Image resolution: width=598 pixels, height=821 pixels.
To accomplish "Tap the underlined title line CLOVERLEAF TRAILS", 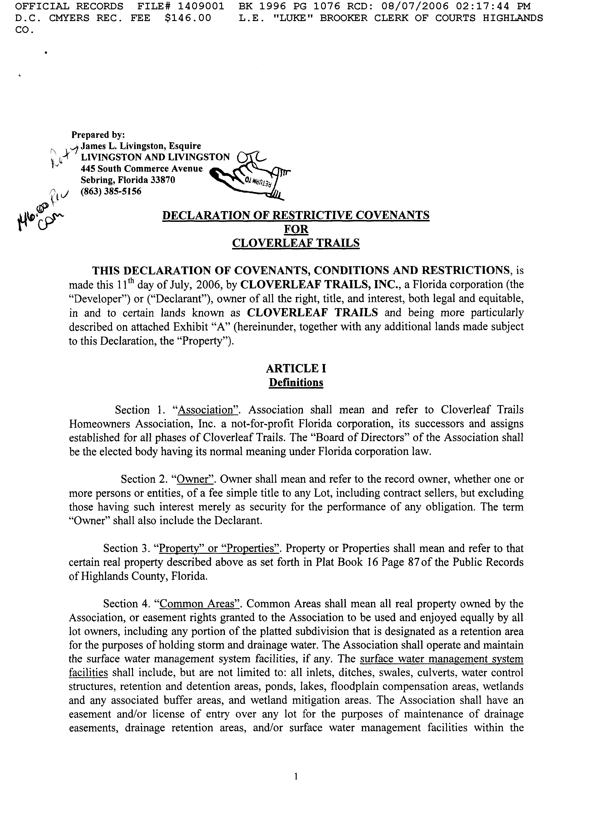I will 295,243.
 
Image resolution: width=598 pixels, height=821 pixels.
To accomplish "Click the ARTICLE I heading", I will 296,368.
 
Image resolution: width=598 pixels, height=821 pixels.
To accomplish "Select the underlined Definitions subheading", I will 296,383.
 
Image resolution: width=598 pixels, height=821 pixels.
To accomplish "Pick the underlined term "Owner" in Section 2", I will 195,479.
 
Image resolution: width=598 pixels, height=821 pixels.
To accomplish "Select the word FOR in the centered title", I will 296,229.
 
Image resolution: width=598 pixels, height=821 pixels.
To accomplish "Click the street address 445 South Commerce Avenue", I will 141,169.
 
